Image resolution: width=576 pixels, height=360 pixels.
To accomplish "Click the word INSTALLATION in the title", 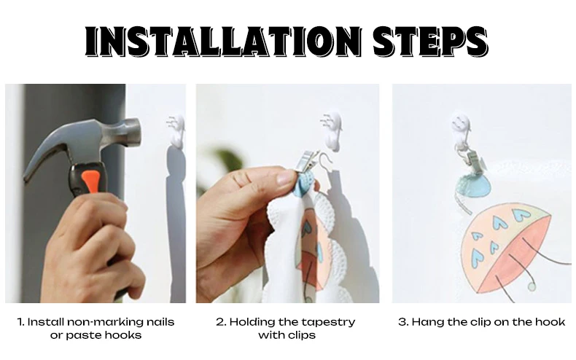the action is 223,41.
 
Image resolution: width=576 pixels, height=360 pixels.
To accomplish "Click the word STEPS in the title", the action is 430,41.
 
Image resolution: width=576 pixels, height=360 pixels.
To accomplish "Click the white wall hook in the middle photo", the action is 332,130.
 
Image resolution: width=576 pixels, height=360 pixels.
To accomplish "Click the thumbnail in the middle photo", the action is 285,179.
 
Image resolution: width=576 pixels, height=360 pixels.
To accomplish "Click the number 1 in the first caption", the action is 20,322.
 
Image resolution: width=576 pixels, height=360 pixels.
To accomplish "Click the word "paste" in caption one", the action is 80,335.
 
